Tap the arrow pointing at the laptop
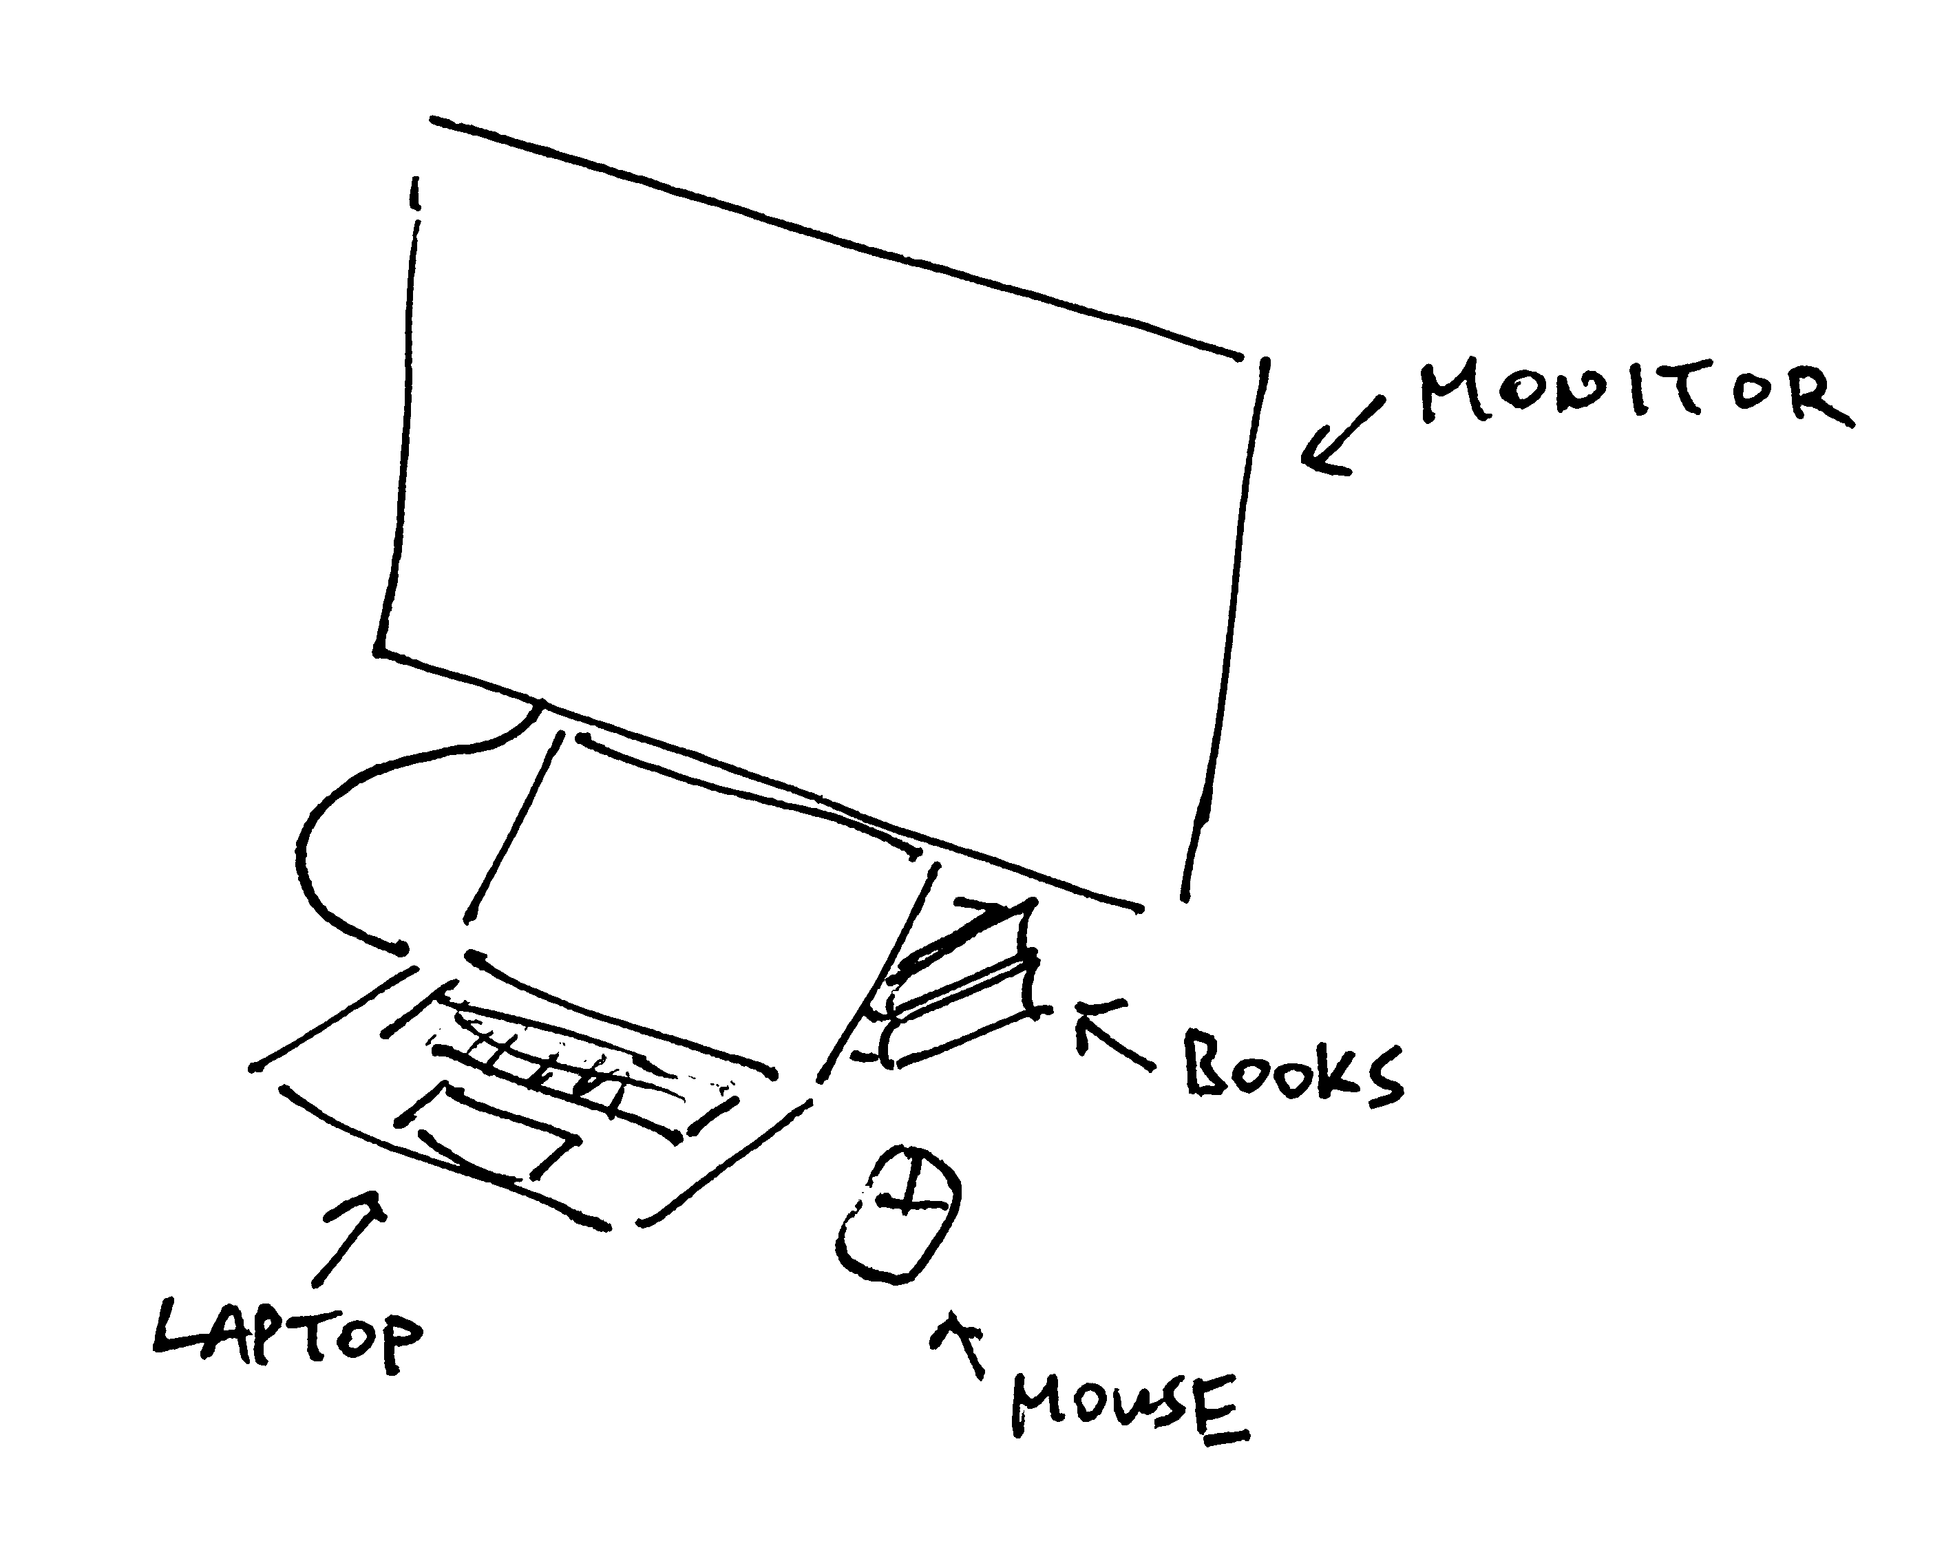point(348,1237)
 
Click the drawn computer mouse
point(896,1214)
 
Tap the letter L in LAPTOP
point(176,1326)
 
